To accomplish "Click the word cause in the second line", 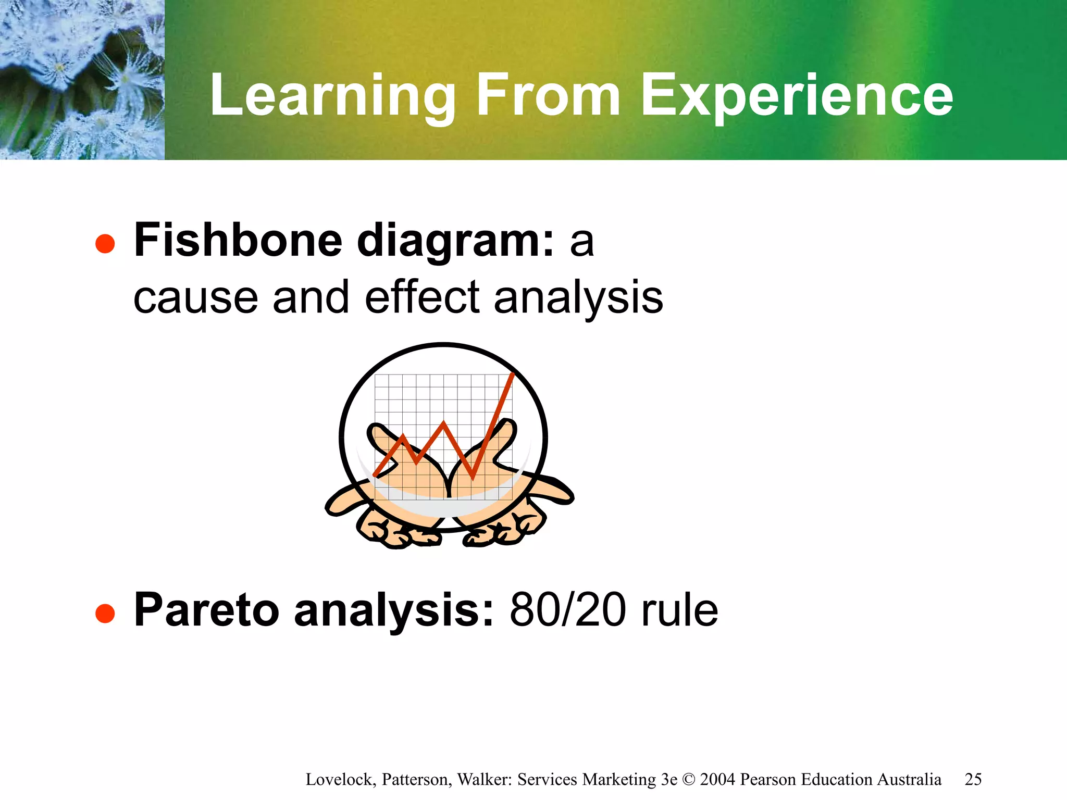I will [x=195, y=298].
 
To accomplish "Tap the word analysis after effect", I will [x=578, y=298].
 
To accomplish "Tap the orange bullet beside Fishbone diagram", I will [x=105, y=244].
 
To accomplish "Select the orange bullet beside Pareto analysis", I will [x=105, y=613].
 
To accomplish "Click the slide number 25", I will [x=973, y=779].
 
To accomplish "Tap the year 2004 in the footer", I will [x=717, y=779].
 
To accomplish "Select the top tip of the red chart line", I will [x=513, y=374].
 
